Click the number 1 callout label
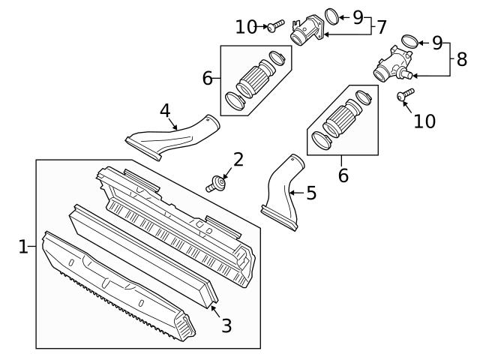click(x=22, y=246)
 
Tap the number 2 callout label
click(x=238, y=159)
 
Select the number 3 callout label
click(x=226, y=325)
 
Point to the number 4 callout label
click(x=164, y=111)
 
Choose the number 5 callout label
click(x=310, y=193)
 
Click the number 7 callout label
click(x=382, y=27)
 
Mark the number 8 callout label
click(x=461, y=59)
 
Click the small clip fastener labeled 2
click(x=217, y=182)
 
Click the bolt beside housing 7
click(x=273, y=26)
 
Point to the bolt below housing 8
click(x=406, y=94)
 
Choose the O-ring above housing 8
click(x=409, y=41)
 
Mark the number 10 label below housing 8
click(x=424, y=121)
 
